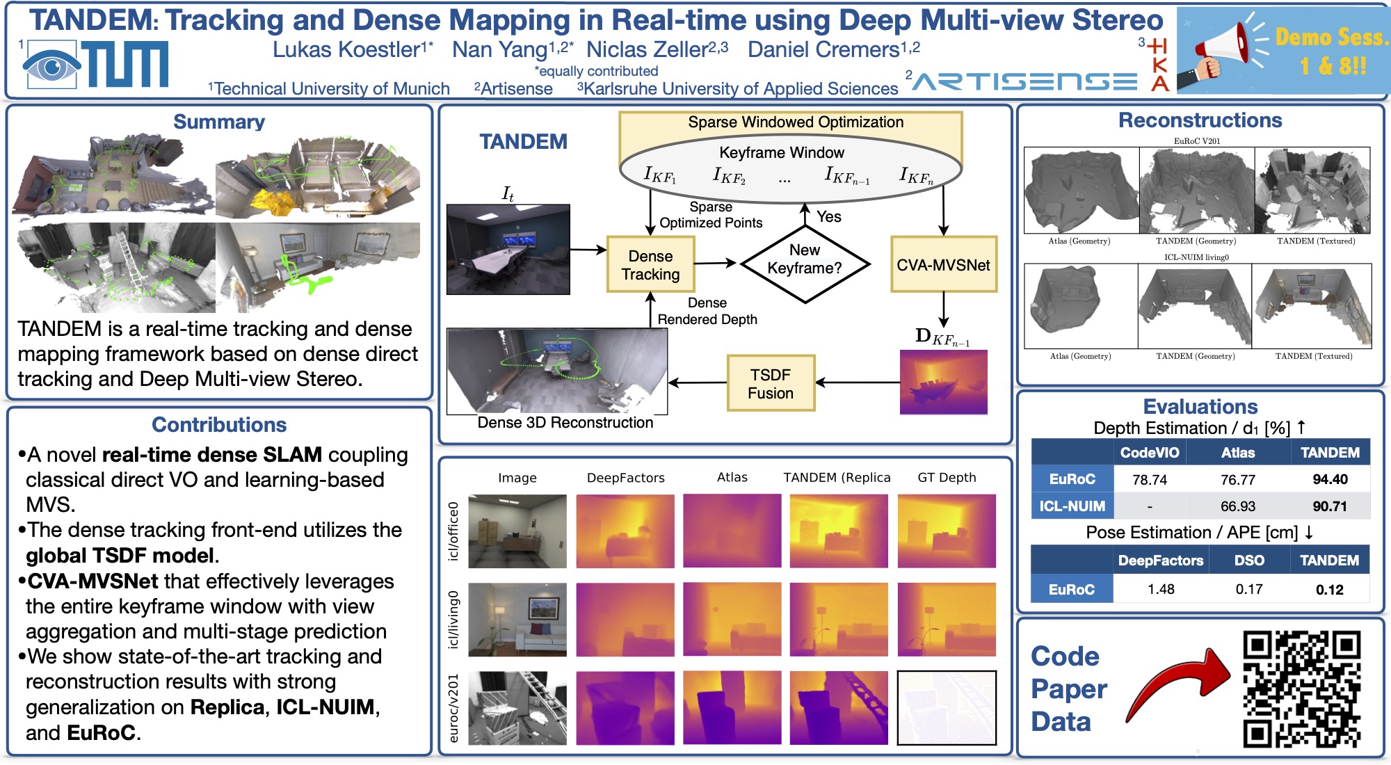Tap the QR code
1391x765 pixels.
pos(1301,688)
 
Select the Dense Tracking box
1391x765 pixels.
pos(650,265)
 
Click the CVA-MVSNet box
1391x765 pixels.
pos(943,265)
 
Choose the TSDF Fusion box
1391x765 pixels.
pos(770,384)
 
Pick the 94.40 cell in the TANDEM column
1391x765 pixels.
pos(1330,479)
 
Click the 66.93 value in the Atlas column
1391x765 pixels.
pos(1238,506)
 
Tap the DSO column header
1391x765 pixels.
pos(1249,561)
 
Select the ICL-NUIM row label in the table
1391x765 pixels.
pos(1072,506)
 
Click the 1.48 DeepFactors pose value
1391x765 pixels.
pos(1161,589)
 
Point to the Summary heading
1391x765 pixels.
pos(219,122)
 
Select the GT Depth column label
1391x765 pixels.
pos(947,478)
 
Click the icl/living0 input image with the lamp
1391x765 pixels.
pos(517,620)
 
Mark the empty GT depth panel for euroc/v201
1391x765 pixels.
pos(947,708)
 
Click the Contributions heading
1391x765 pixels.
pos(219,425)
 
